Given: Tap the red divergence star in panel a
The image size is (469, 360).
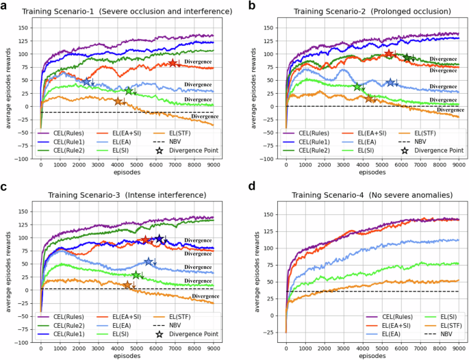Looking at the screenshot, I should (173, 63).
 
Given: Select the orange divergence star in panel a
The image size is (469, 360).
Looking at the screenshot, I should (118, 101).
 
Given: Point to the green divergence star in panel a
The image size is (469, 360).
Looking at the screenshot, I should (129, 91).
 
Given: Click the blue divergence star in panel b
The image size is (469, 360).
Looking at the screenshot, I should (390, 82).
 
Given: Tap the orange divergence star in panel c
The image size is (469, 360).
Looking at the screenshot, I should (127, 285).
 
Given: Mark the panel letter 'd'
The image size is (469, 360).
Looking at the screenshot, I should (241, 189).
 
